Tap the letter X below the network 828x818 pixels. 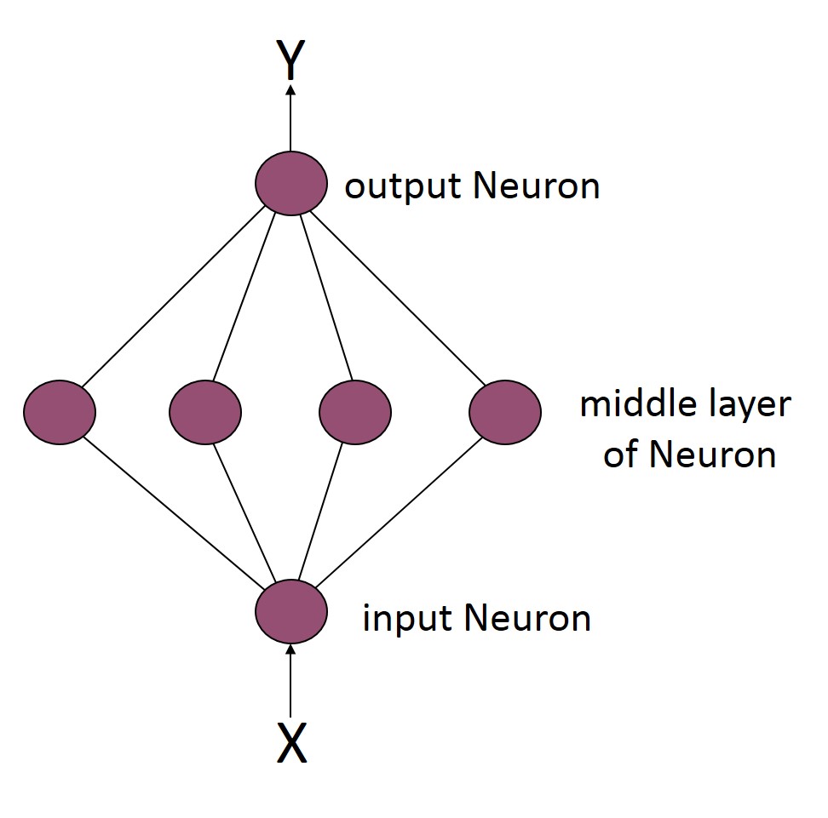click(291, 744)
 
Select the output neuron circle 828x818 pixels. click(291, 183)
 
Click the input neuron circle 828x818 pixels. click(291, 611)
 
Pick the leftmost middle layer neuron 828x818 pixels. click(60, 413)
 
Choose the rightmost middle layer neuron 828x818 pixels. click(505, 413)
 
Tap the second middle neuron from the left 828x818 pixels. click(205, 413)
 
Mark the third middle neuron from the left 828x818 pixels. click(354, 413)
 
